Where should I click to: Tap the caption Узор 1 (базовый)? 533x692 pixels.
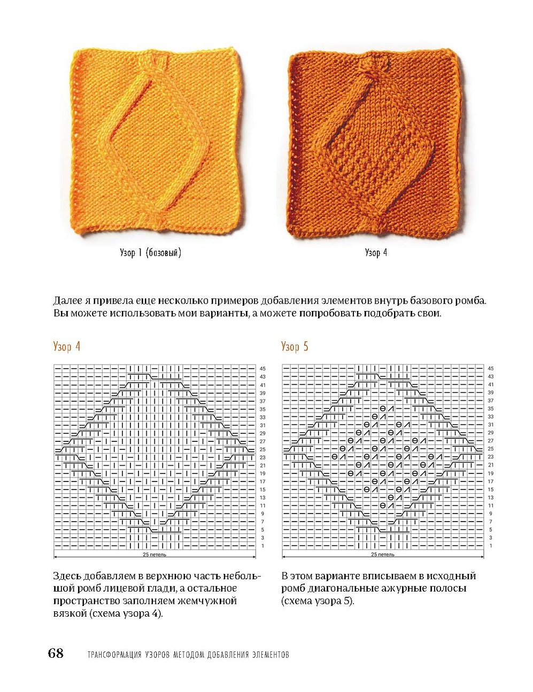(150, 253)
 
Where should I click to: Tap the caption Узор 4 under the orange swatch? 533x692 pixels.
(376, 253)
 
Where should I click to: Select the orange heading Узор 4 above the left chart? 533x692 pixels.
(67, 346)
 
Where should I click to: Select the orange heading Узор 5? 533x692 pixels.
(295, 346)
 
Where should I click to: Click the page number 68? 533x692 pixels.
(56, 653)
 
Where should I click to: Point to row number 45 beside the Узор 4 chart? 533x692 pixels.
(262, 369)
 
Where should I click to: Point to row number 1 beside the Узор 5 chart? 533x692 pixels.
(491, 546)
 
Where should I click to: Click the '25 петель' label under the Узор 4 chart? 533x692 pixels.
(154, 555)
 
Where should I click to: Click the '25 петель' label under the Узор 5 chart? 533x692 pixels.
(382, 555)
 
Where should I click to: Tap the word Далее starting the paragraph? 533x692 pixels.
(68, 300)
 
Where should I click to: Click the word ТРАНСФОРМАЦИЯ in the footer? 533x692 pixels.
(114, 654)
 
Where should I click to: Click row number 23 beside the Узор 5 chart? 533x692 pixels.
(491, 457)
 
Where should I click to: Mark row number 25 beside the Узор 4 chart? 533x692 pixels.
(262, 449)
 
